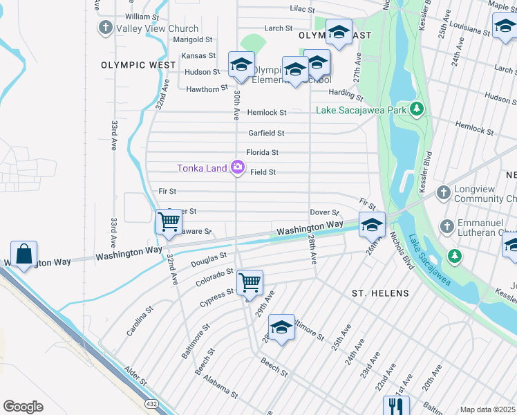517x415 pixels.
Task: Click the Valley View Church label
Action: pos(157,28)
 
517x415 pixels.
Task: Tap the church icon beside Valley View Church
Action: pos(105,28)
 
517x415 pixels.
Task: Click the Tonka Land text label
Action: pos(202,168)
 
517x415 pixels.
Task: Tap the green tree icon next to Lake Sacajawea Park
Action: pos(416,109)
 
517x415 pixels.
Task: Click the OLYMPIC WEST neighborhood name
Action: pos(138,65)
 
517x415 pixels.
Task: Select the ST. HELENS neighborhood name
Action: pos(380,293)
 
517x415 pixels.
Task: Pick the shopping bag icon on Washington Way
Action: pos(24,253)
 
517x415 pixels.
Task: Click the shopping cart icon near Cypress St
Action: pos(249,282)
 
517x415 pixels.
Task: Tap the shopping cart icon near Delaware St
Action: pos(169,221)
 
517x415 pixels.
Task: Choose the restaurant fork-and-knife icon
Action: pos(395,405)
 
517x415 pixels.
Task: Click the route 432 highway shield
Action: pos(151,403)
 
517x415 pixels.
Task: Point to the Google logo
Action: pos(23,406)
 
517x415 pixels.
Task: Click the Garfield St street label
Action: pos(266,133)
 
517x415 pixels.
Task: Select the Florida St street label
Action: pos(262,152)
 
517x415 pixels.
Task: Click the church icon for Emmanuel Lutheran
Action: pos(446,226)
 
